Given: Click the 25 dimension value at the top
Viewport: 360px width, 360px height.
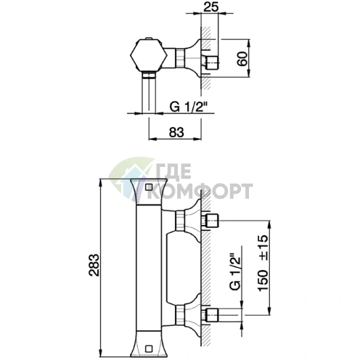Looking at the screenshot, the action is [x=210, y=7].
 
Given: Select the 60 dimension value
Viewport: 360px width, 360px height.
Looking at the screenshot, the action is [x=242, y=59].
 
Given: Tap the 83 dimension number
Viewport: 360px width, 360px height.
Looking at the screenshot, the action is [x=176, y=132].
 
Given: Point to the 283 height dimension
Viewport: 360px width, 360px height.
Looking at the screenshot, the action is [x=94, y=265].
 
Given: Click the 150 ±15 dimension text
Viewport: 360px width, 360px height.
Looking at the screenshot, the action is [x=263, y=263].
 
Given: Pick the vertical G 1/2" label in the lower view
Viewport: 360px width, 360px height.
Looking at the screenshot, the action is [x=235, y=271].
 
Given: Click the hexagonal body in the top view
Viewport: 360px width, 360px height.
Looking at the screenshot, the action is [x=149, y=56].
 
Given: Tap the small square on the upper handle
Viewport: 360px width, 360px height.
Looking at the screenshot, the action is [x=149, y=187].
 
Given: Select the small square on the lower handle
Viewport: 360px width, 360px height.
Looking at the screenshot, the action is [x=148, y=348].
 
